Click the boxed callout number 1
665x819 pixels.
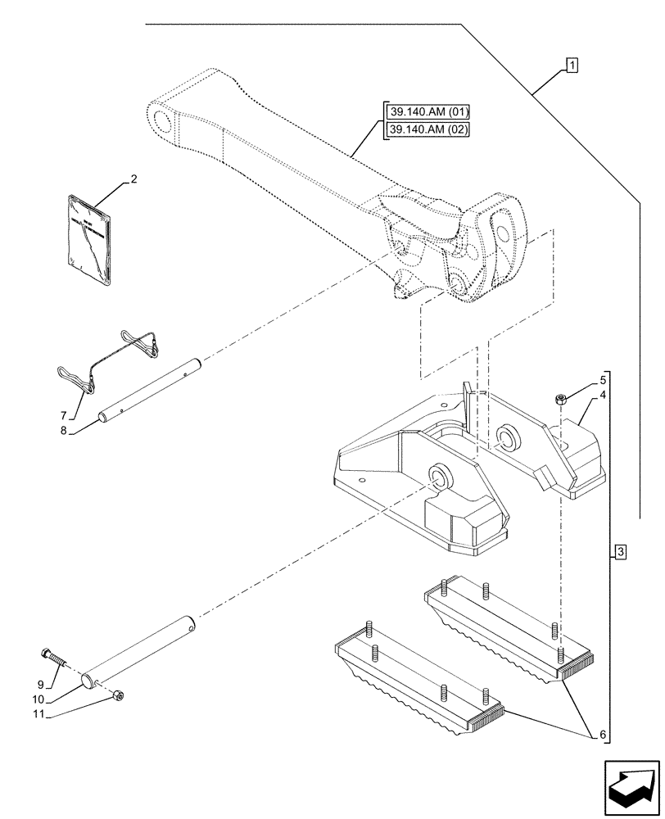pos(571,65)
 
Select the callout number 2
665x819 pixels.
pos(133,179)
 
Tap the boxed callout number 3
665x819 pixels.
pos(621,553)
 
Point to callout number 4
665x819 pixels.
pos(602,395)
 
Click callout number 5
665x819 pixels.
pos(602,379)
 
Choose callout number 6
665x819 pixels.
pos(604,735)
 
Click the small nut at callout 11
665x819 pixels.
pos(119,696)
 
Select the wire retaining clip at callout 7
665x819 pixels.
pos(111,355)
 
